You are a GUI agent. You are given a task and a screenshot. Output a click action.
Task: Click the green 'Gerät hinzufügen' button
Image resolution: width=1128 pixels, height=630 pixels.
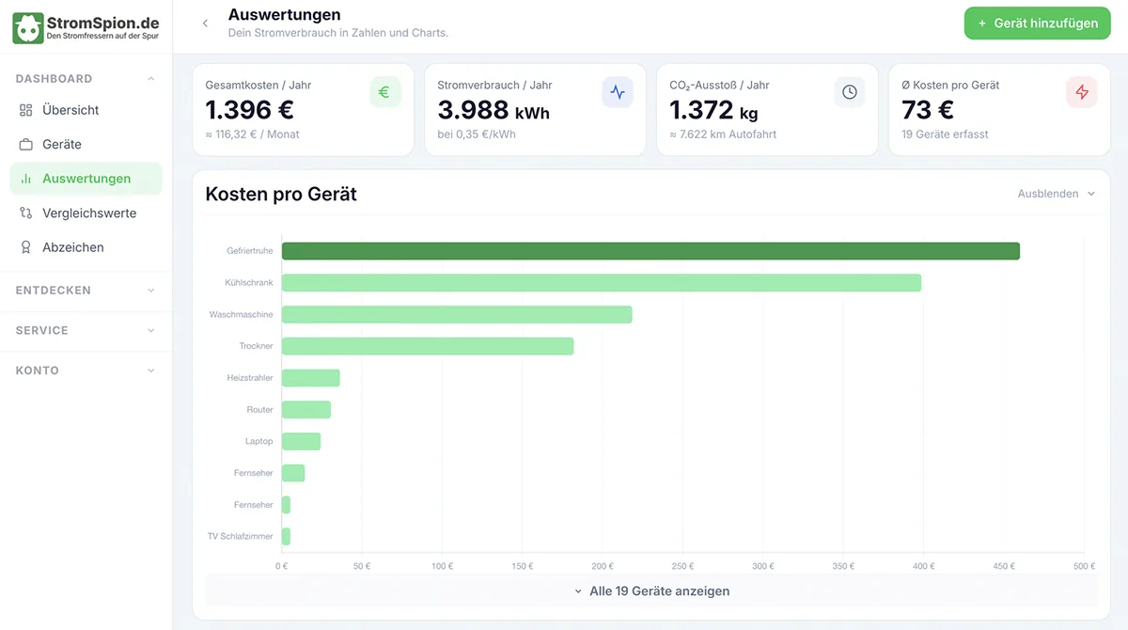click(1037, 24)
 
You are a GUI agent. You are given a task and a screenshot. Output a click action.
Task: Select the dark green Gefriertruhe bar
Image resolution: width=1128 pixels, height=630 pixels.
click(650, 251)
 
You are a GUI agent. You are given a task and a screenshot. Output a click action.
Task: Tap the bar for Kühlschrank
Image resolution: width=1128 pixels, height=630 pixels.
click(602, 282)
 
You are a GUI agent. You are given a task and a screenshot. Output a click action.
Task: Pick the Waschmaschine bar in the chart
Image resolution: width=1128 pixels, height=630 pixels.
click(457, 314)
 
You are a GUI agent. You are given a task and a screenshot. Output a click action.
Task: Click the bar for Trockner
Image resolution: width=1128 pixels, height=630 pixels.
click(428, 346)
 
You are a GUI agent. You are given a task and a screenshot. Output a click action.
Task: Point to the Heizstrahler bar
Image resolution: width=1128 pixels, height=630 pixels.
click(311, 378)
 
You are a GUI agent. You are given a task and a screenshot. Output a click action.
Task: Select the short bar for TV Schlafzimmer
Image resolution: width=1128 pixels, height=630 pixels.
click(286, 536)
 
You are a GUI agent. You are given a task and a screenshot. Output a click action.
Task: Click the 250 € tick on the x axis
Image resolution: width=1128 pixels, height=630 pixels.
click(682, 566)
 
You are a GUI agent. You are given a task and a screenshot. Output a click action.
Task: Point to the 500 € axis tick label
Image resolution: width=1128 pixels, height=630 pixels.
click(1084, 566)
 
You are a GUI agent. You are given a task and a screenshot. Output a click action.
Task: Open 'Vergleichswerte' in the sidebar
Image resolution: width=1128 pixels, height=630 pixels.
click(89, 213)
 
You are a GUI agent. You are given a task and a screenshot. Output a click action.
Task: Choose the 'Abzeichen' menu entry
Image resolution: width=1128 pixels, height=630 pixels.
click(73, 247)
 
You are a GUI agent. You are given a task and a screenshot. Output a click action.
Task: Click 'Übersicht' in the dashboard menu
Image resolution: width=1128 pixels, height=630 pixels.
click(70, 110)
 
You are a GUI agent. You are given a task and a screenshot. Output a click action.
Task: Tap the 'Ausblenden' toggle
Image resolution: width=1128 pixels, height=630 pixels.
click(1056, 194)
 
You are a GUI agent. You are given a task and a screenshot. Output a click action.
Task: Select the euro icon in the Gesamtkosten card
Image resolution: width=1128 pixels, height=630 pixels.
click(384, 91)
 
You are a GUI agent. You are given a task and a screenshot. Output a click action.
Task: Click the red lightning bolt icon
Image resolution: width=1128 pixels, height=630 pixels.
click(1081, 91)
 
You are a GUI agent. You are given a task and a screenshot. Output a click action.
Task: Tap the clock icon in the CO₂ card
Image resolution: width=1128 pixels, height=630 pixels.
click(850, 91)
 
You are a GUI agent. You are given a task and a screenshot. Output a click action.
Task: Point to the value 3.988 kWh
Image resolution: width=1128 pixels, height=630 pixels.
click(493, 110)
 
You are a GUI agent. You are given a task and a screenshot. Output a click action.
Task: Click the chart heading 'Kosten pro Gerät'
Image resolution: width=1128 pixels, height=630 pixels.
click(281, 194)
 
